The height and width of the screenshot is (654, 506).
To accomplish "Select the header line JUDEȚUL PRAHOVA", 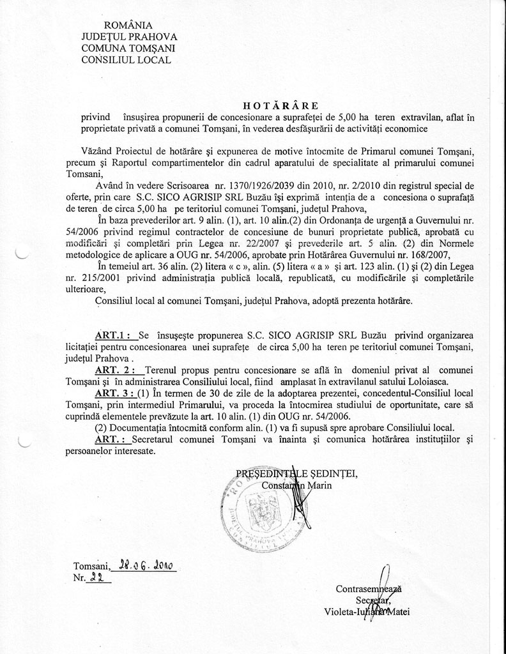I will tap(130, 37).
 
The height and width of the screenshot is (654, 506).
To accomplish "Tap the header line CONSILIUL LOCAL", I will tap(126, 60).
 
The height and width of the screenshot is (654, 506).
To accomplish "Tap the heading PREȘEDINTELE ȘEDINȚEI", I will tap(296, 473).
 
